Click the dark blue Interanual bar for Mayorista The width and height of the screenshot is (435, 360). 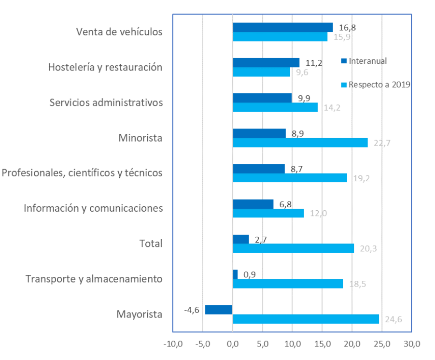tap(219, 309)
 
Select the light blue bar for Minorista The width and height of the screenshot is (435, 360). tap(300, 143)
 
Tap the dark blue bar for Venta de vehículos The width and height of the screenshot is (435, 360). tap(282, 27)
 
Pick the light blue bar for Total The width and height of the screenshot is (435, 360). tap(293, 248)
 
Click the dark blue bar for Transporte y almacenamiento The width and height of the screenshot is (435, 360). tap(235, 274)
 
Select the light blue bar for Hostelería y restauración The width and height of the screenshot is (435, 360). tap(262, 72)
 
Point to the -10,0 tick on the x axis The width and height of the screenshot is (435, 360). tap(173, 344)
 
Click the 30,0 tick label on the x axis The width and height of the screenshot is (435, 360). tap(411, 344)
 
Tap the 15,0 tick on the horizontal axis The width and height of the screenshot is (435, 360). tap(322, 344)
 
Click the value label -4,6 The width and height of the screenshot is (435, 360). tap(193, 310)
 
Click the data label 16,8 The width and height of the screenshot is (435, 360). tap(345, 27)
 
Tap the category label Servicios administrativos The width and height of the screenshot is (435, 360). tap(106, 103)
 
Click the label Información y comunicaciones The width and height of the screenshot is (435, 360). tap(93, 208)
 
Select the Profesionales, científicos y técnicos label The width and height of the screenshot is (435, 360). tap(82, 173)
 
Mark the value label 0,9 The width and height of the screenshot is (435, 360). tap(249, 274)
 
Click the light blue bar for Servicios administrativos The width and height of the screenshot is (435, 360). tap(275, 107)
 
